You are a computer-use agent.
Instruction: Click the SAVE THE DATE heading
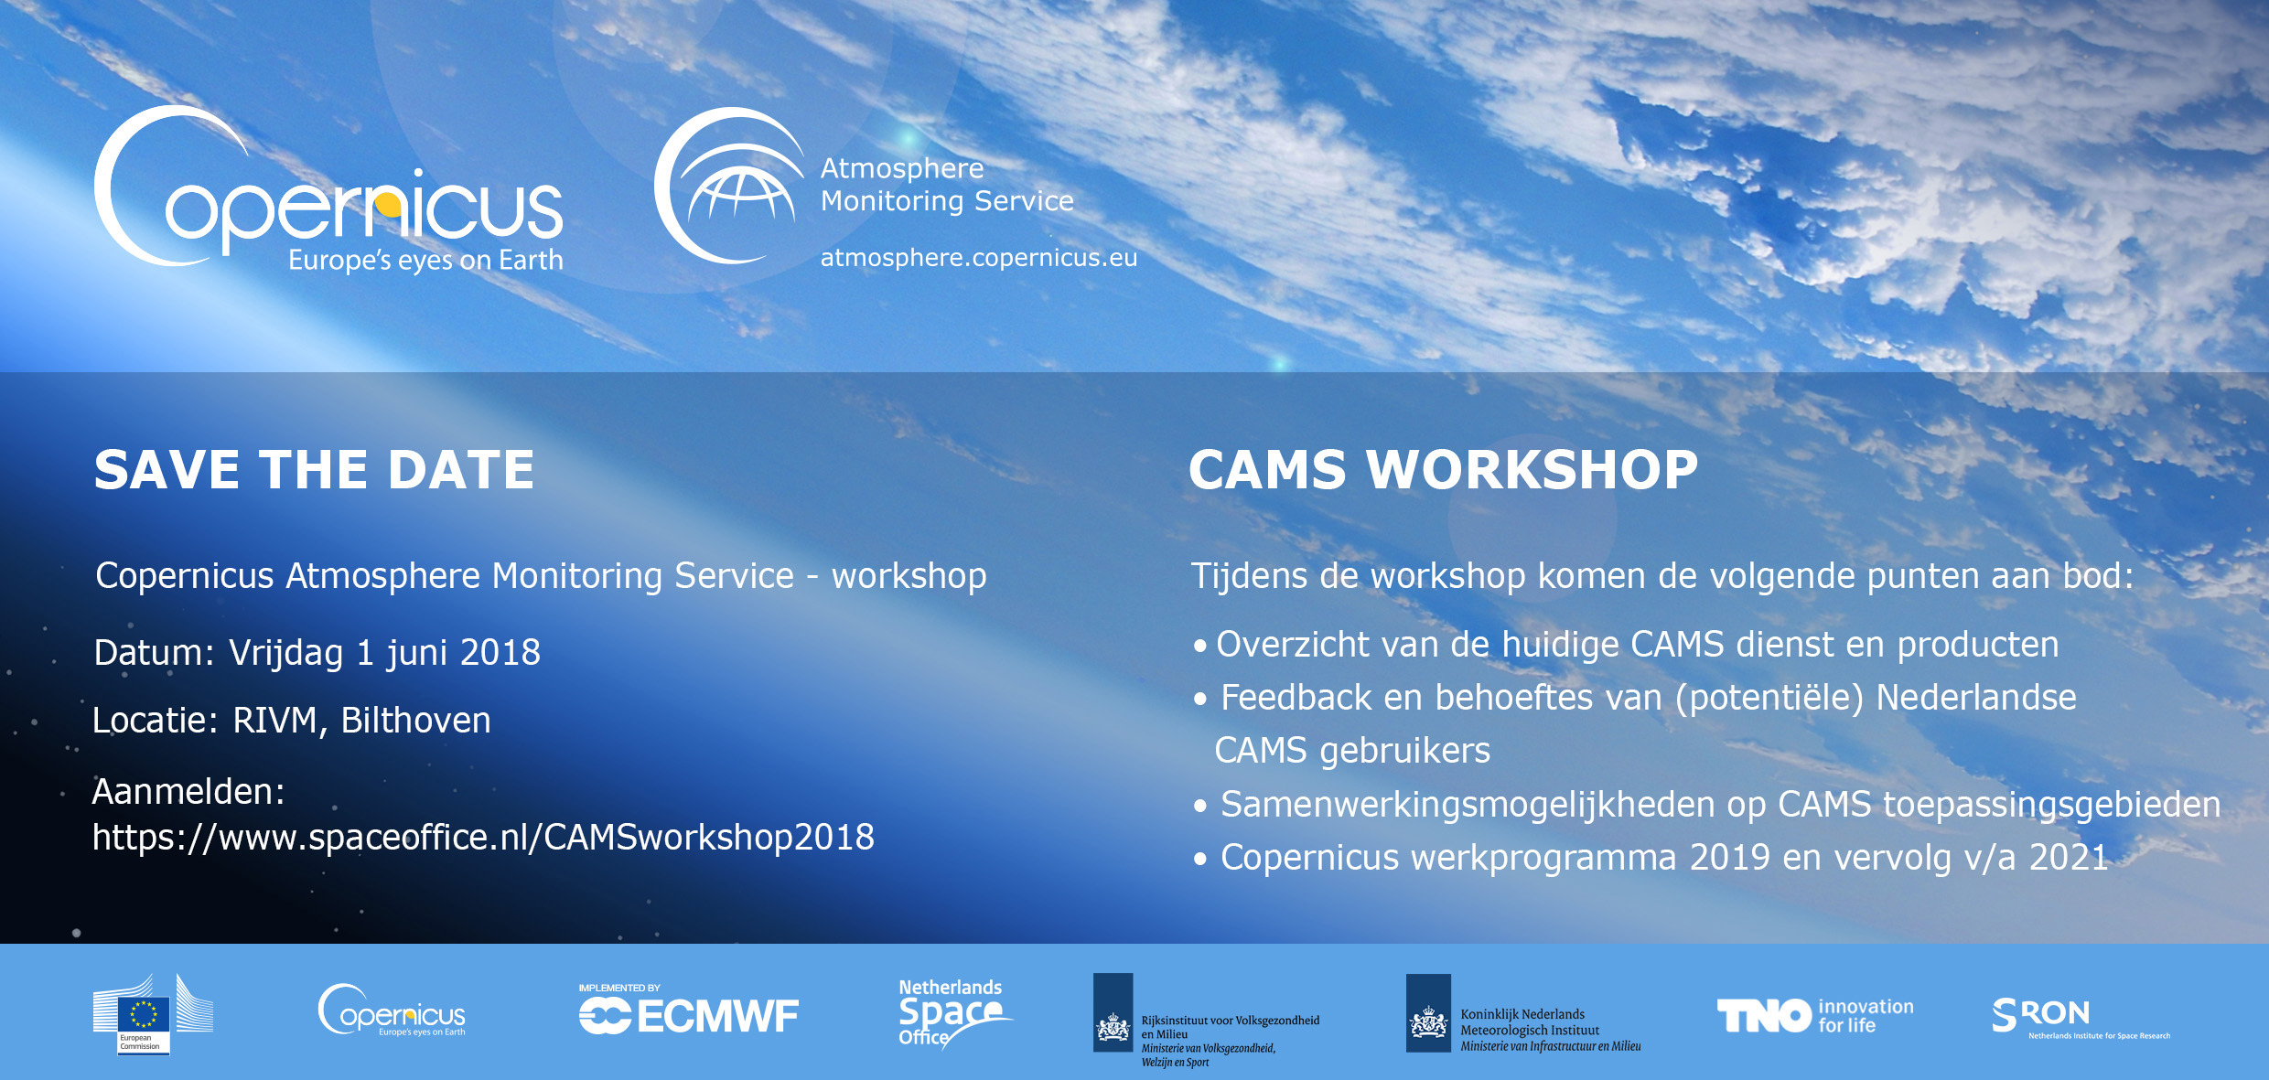click(314, 470)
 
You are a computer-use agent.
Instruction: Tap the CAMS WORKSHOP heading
click(1443, 470)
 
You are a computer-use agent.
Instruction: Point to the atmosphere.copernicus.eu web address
click(979, 258)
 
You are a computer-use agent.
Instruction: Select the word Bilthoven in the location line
click(415, 721)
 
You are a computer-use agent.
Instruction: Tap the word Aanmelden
click(188, 792)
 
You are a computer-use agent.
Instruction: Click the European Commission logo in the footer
click(152, 1014)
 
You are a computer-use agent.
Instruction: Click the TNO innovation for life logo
click(1815, 1015)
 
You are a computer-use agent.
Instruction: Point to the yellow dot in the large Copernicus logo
click(389, 204)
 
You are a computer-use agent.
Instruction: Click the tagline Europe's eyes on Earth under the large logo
click(425, 261)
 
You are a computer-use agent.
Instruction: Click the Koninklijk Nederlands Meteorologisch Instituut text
click(1530, 1022)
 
